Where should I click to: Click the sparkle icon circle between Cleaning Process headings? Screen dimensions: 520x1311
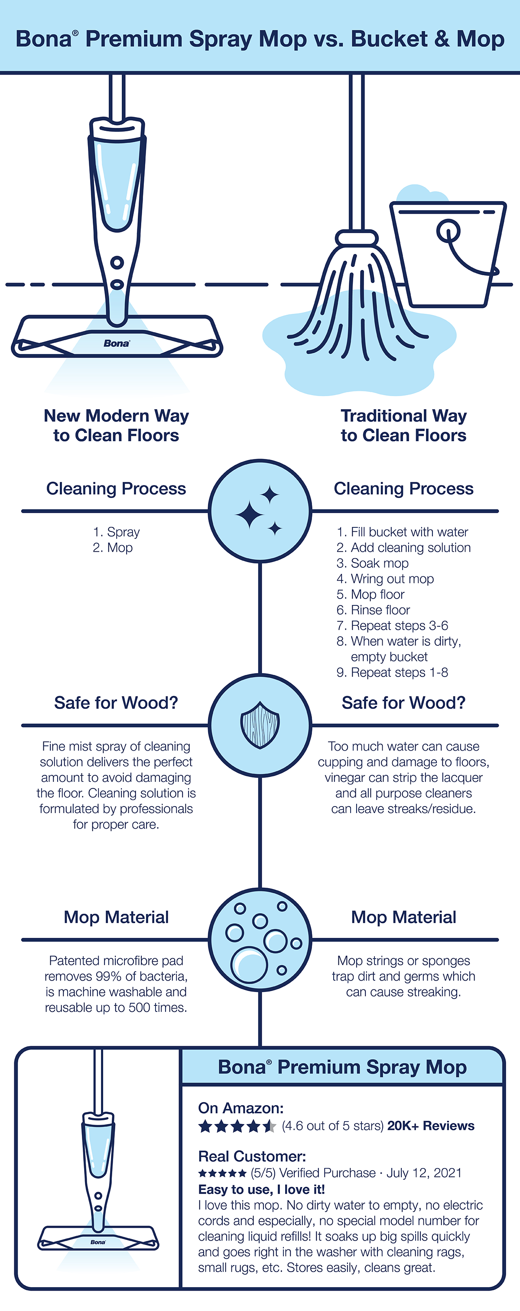point(260,511)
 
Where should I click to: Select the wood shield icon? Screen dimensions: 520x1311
point(260,725)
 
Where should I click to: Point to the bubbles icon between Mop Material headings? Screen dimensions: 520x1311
point(260,940)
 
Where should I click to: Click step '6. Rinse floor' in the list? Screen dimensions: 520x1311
point(373,610)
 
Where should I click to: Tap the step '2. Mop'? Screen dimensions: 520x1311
point(112,548)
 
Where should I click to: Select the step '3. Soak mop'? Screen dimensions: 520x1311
point(372,563)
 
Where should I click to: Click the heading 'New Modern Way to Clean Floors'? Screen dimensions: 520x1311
point(116,426)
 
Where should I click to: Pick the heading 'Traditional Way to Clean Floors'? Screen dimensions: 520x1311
point(403,426)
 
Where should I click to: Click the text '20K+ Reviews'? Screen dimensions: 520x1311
point(430,1126)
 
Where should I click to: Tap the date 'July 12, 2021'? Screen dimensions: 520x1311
point(424,1173)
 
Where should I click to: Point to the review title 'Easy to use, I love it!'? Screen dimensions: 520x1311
point(262,1189)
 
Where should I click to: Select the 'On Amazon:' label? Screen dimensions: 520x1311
point(240,1108)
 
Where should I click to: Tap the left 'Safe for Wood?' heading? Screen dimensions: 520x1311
point(116,703)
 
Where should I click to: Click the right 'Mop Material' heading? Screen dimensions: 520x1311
point(403,917)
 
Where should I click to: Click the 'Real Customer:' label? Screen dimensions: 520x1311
point(252,1156)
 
